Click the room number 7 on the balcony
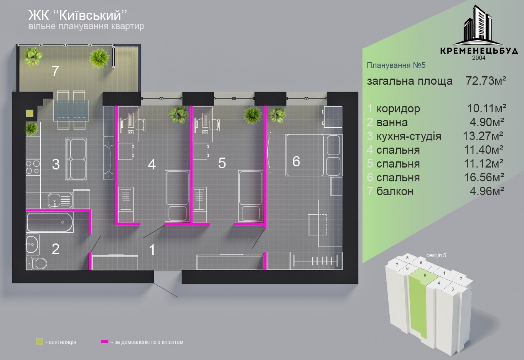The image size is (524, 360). click(x=55, y=71)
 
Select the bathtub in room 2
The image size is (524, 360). click(x=49, y=222)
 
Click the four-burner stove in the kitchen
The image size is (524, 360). click(x=33, y=167)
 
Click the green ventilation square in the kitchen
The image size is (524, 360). click(x=30, y=113)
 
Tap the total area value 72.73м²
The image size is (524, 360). click(x=486, y=81)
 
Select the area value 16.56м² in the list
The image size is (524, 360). click(x=484, y=177)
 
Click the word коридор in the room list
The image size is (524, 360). click(x=398, y=109)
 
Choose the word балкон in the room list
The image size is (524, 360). click(x=395, y=191)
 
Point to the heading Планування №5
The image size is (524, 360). click(x=396, y=65)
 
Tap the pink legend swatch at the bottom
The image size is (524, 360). click(x=104, y=342)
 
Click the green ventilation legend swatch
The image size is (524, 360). click(x=39, y=342)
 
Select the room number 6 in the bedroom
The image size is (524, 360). click(x=296, y=161)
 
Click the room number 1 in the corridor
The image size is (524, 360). click(x=152, y=250)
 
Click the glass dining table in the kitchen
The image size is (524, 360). click(x=71, y=109)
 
